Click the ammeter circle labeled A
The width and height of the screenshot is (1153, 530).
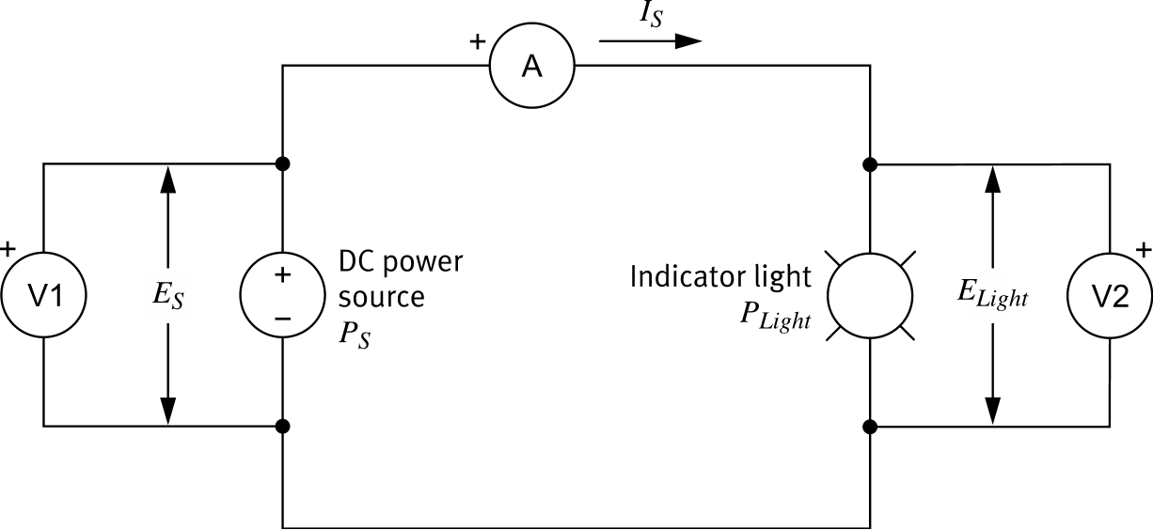532,67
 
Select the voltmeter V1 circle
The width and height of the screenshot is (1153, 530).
43,295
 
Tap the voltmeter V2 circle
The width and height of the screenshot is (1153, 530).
1110,295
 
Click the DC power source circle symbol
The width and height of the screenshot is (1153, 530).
283,295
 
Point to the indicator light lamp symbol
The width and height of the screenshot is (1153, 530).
870,295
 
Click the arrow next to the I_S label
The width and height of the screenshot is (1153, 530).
651,41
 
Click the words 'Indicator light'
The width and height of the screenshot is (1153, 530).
719,277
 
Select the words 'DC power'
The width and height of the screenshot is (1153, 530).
402,260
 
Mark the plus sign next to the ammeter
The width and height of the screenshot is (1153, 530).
478,42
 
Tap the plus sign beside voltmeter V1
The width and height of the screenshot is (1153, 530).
8,249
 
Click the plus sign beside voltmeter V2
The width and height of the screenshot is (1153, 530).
1144,250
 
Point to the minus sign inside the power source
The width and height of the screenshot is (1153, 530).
283,318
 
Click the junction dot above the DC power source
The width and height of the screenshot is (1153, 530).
283,164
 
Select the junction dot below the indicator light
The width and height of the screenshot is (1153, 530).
870,427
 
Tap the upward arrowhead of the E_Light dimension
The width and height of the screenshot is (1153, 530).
992,179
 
